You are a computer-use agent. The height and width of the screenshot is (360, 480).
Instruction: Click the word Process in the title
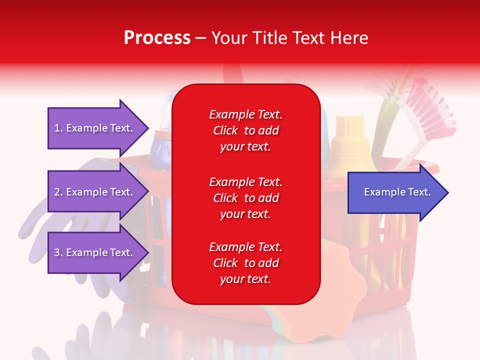(157, 37)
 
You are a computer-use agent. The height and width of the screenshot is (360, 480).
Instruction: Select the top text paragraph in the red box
(245, 130)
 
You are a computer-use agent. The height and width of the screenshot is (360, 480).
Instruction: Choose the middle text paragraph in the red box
(245, 197)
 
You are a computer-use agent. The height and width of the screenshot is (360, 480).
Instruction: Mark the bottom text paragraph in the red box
(245, 263)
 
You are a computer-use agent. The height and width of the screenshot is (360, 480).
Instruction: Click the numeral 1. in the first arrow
(58, 128)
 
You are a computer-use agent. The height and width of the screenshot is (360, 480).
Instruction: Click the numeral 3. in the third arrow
(58, 252)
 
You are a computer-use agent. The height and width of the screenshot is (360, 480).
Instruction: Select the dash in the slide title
(201, 38)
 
